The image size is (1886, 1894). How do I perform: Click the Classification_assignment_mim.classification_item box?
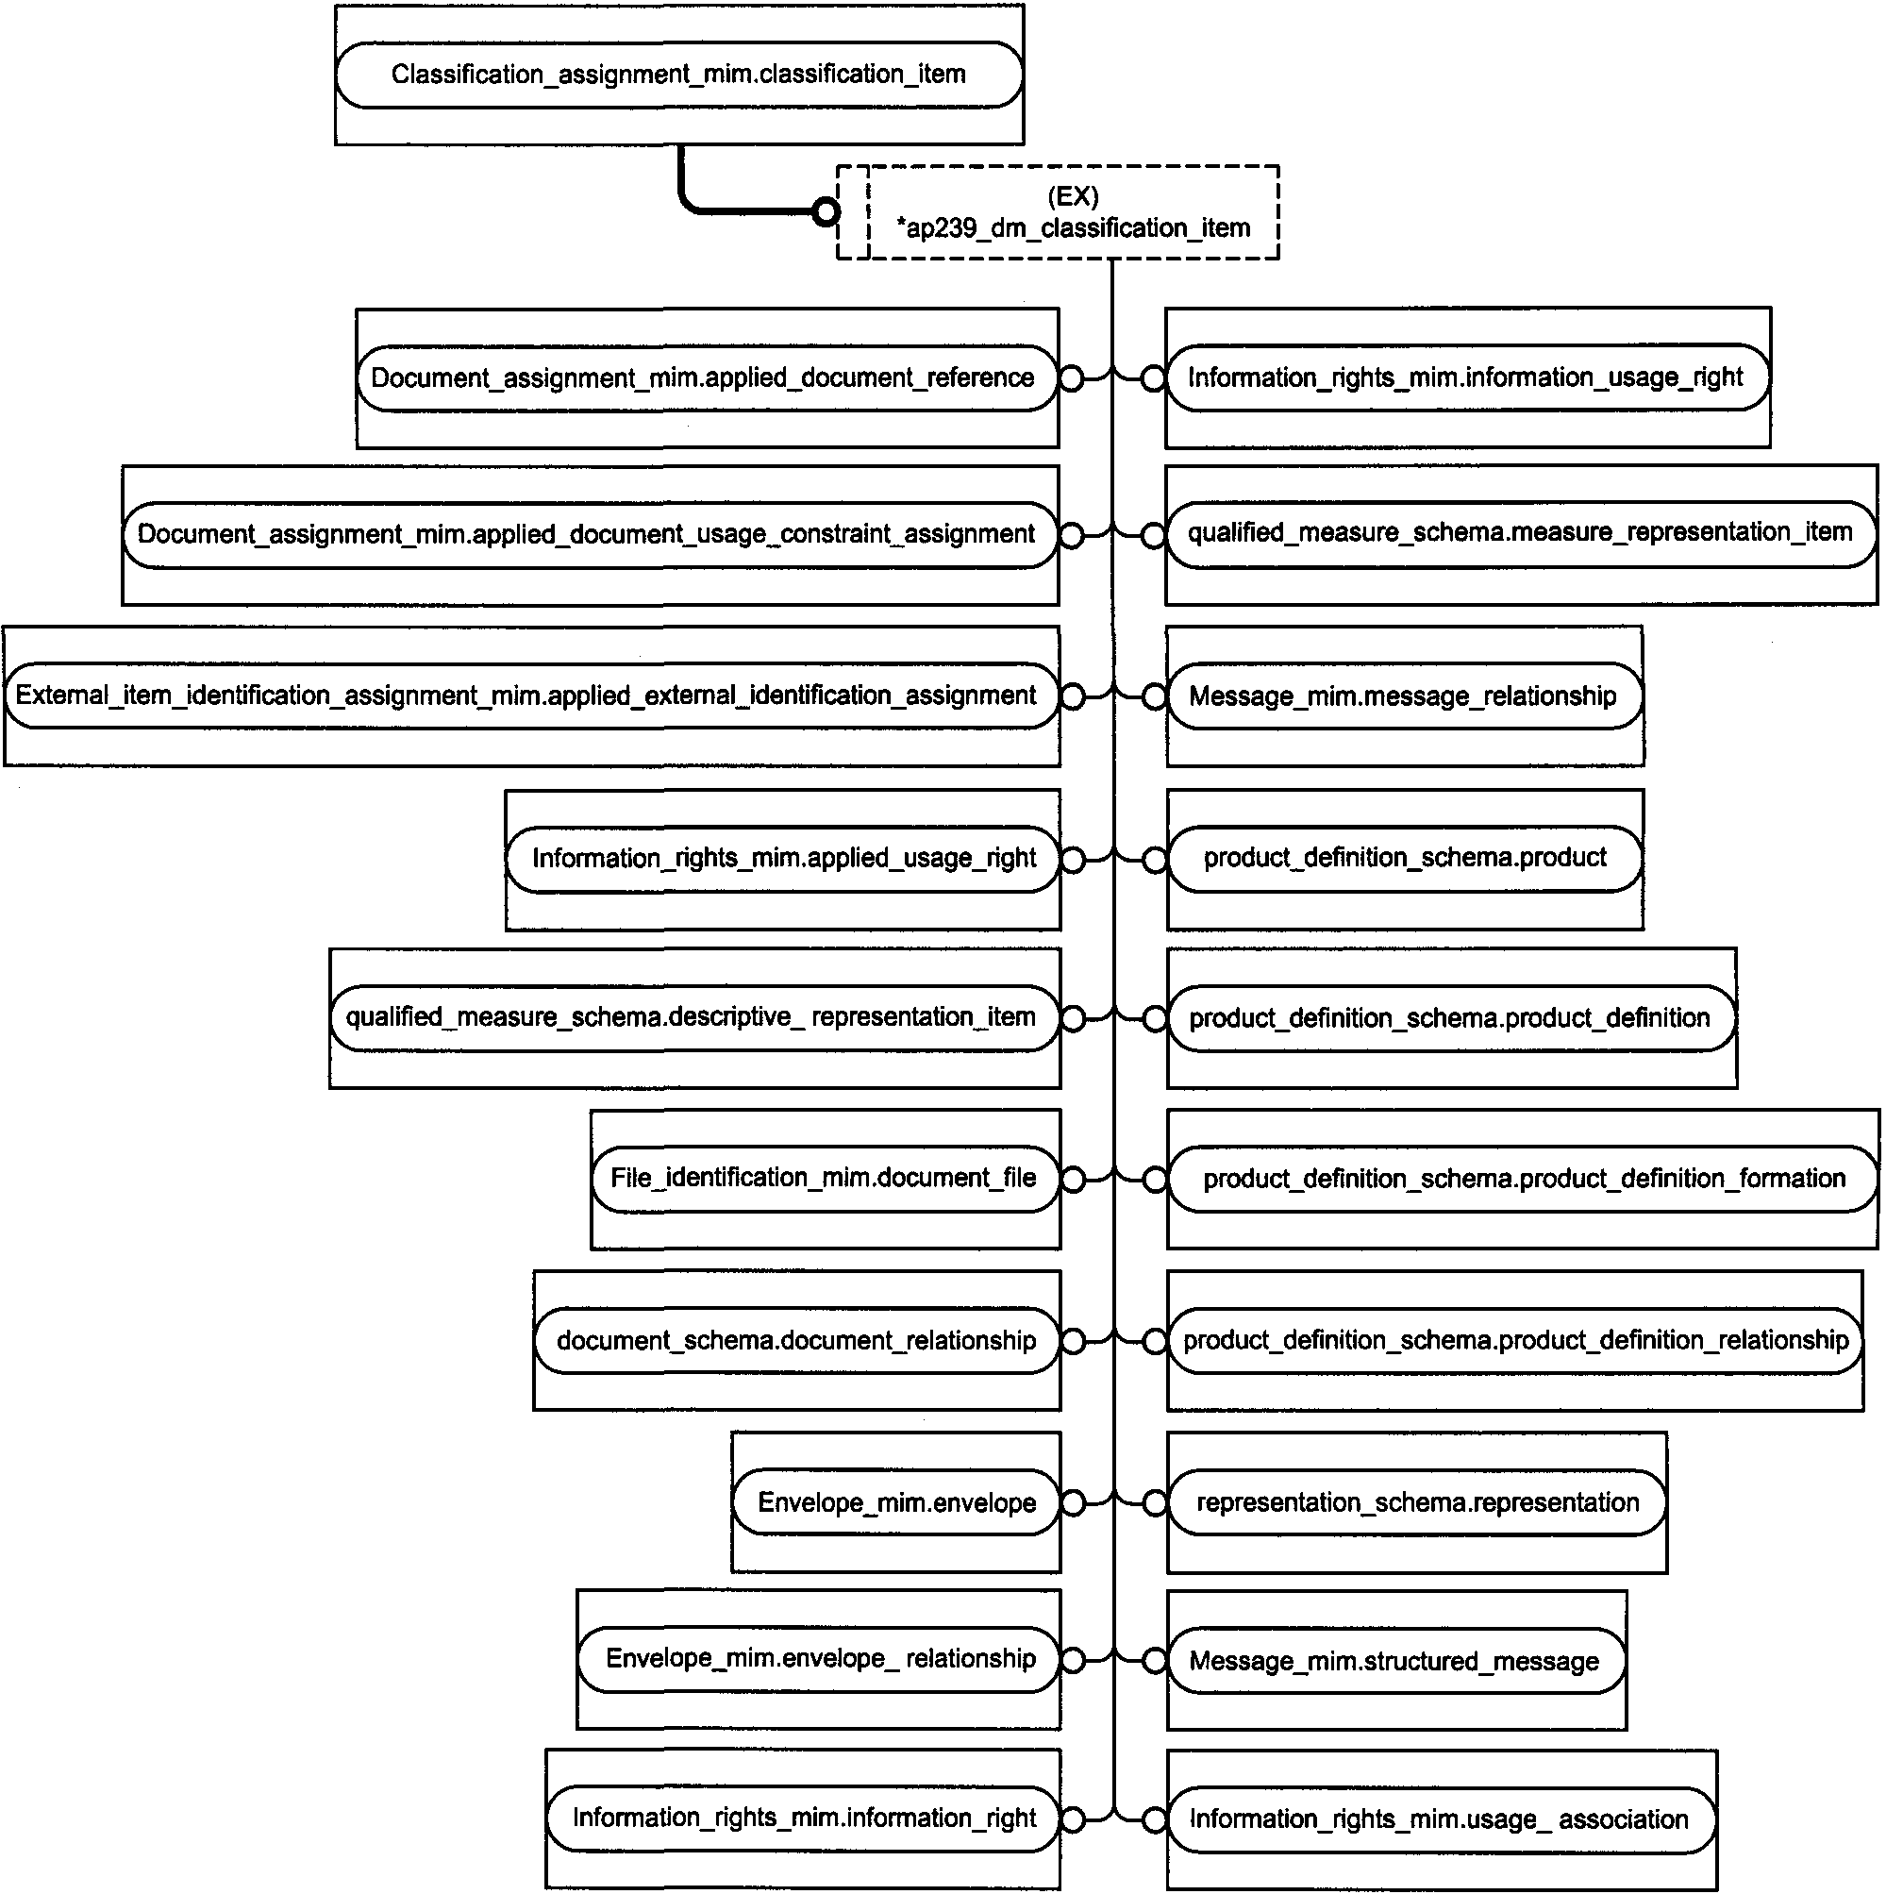click(678, 75)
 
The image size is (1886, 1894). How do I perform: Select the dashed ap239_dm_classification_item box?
click(1058, 212)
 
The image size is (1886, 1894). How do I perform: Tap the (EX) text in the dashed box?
click(1074, 196)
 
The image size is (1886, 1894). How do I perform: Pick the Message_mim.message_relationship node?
click(1405, 696)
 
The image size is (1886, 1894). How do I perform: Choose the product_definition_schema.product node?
click(1405, 859)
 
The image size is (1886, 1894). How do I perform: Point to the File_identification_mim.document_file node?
click(826, 1179)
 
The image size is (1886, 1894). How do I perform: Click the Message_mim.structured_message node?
click(1396, 1661)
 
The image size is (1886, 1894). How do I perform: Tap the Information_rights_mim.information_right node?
click(804, 1819)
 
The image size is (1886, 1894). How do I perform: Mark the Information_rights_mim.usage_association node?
click(1441, 1819)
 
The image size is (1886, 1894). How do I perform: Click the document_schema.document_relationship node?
click(797, 1340)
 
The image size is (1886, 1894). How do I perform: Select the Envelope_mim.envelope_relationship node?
click(819, 1659)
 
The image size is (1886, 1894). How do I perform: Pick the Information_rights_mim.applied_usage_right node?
click(783, 859)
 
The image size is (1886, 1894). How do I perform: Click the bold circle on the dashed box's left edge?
click(826, 211)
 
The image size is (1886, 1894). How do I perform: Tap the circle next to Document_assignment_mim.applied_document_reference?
click(1072, 378)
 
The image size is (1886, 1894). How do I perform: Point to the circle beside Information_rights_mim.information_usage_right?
click(1154, 378)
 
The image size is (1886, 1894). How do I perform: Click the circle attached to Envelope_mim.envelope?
click(1074, 1503)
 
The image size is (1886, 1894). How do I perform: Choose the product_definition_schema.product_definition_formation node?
click(1523, 1179)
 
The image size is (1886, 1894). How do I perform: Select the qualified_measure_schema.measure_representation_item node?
click(1520, 533)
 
